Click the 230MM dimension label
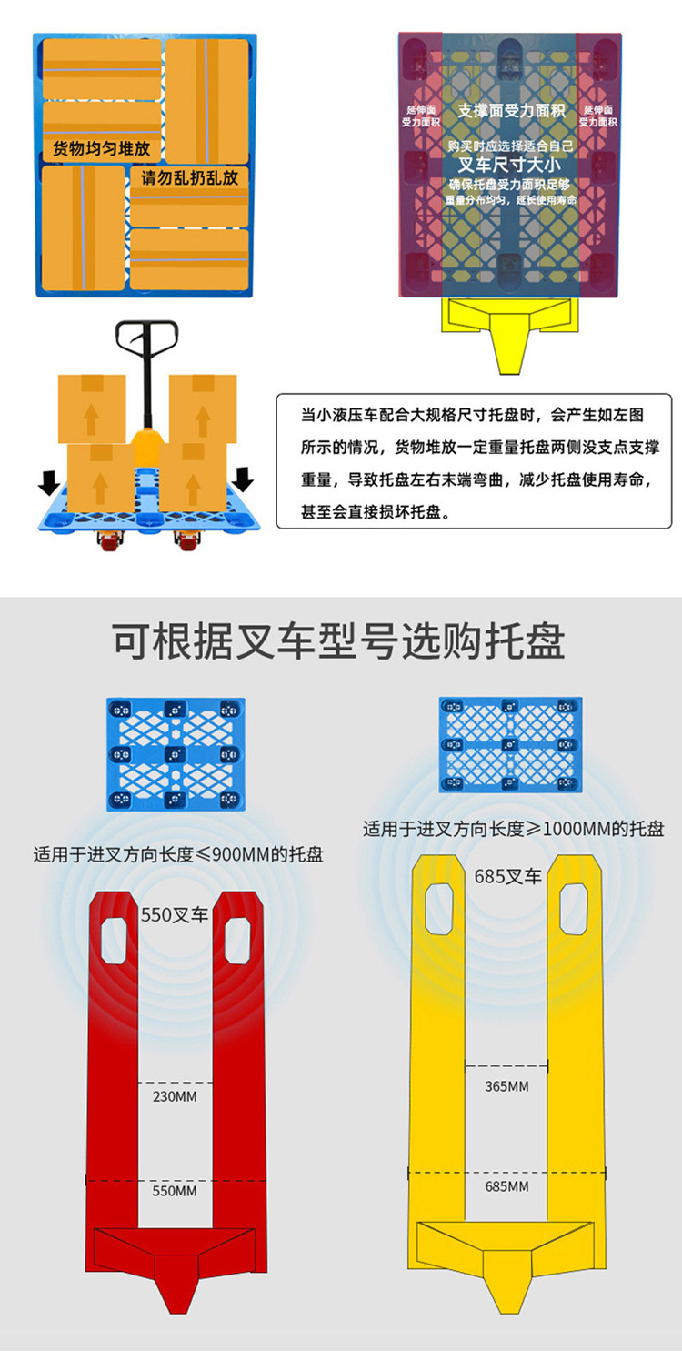pos(175,1096)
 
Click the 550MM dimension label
pos(175,1191)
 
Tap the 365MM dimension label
pos(506,1086)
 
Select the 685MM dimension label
pos(506,1186)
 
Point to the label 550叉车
pos(175,915)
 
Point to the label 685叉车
pos(507,877)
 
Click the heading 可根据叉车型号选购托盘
pos(339,642)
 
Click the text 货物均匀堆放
pos(101,148)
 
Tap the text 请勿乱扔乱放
pos(189,177)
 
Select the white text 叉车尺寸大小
pos(508,166)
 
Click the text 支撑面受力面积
pos(511,111)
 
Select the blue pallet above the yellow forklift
pos(510,744)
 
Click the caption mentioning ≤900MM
pos(178,855)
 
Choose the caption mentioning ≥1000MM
pos(514,829)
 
